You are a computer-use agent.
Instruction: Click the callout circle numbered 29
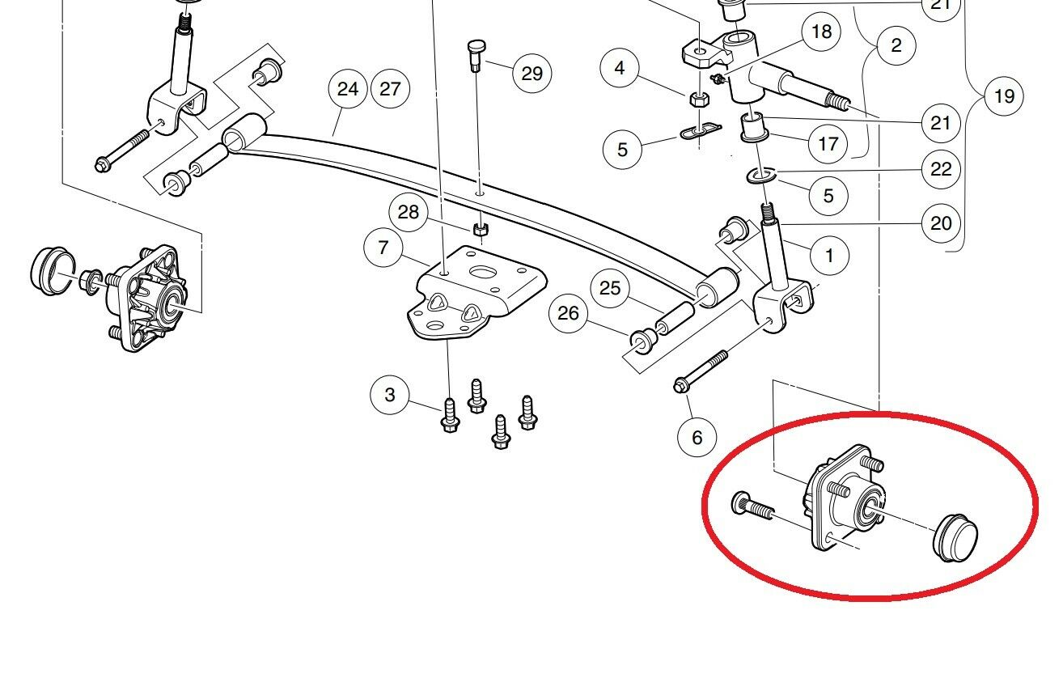point(531,74)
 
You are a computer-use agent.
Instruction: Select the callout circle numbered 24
point(348,88)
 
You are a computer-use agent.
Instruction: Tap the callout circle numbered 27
point(390,88)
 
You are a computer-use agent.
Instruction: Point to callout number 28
point(409,213)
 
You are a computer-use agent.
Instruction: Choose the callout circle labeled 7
point(384,247)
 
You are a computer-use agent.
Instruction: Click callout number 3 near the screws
point(390,395)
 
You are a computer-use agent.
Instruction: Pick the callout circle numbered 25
point(610,288)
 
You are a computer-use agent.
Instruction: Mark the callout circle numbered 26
point(569,313)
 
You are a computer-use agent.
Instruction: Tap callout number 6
point(697,437)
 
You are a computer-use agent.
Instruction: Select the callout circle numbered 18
point(821,32)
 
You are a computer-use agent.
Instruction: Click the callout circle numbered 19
point(1003,97)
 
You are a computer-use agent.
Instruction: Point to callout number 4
point(620,68)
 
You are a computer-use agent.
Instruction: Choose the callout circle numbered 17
point(828,145)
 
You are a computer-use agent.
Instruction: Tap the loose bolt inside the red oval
point(752,507)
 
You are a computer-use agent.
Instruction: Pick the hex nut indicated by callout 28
point(479,228)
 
